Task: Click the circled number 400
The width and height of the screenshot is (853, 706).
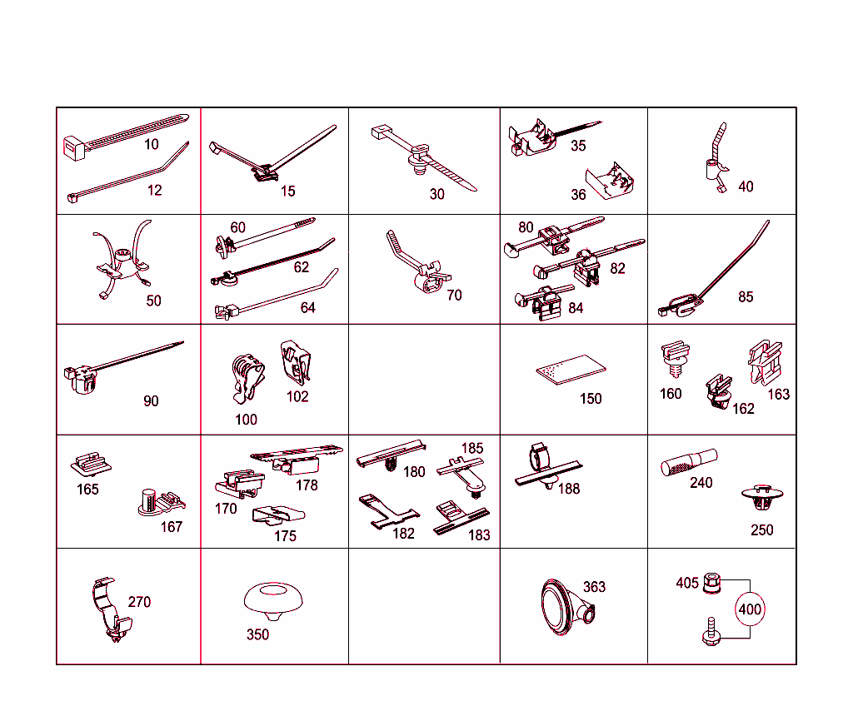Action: pos(750,609)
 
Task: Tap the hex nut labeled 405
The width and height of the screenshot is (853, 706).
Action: pos(712,583)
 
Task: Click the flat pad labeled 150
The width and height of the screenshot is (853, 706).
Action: pos(571,370)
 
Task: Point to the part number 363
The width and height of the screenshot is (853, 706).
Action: pos(594,587)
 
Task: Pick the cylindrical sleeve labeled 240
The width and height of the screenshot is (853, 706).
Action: pos(689,462)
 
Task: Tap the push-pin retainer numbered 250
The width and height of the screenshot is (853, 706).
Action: pos(761,496)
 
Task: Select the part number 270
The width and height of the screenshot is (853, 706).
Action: pos(139,602)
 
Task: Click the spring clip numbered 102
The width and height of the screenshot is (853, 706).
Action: pos(296,362)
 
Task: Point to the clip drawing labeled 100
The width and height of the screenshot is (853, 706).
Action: pos(247,379)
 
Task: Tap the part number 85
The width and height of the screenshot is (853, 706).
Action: pos(746,296)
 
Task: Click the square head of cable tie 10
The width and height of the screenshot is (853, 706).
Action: pos(75,147)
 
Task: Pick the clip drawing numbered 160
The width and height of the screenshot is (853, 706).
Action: pos(675,358)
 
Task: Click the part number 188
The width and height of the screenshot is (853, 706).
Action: pos(569,489)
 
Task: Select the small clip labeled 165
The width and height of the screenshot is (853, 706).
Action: pos(91,464)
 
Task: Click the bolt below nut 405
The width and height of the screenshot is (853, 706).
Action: pos(711,631)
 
